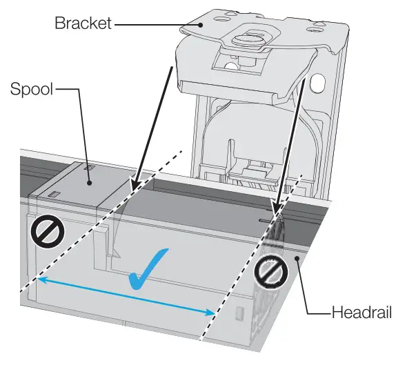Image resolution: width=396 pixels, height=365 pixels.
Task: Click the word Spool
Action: click(x=30, y=90)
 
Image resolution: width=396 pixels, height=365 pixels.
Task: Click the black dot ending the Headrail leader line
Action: click(x=298, y=257)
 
